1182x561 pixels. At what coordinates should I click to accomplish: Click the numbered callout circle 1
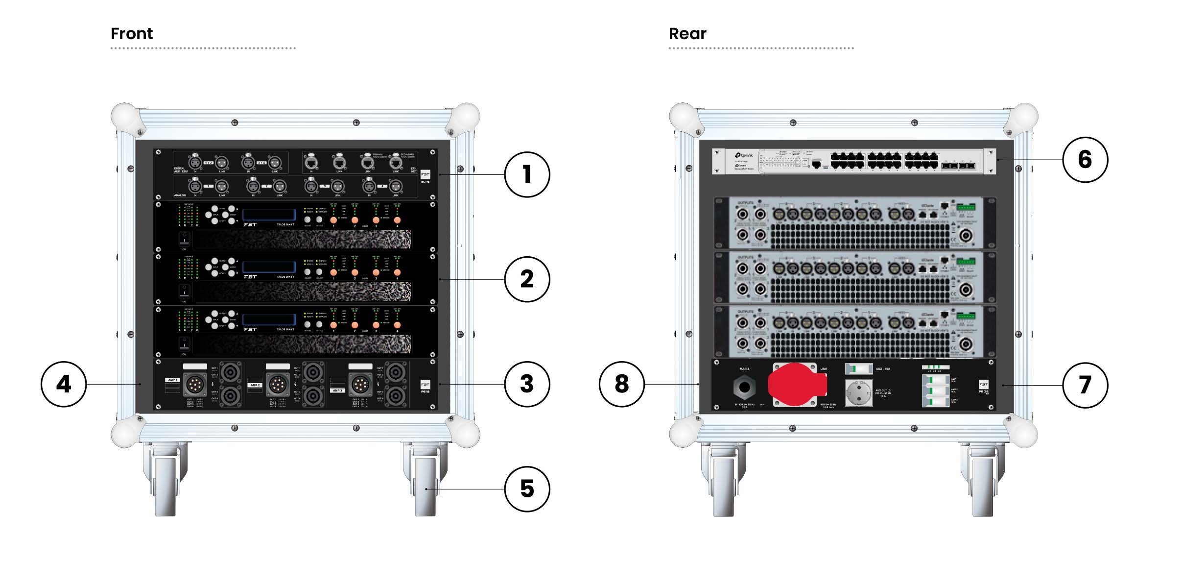[x=527, y=174]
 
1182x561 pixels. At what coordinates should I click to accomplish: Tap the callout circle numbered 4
[x=64, y=384]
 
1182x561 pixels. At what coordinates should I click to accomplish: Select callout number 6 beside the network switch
[x=1085, y=160]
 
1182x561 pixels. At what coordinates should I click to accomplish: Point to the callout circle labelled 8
[x=621, y=384]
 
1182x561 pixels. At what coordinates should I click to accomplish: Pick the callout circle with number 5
[x=527, y=489]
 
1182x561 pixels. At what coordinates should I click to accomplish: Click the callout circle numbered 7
[x=1085, y=385]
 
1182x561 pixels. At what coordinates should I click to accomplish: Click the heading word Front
[x=131, y=34]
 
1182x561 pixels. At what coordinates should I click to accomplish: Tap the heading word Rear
[x=687, y=34]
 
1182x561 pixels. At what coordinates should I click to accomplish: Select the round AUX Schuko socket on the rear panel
[x=858, y=393]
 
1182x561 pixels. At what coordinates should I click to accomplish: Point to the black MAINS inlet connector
[x=744, y=388]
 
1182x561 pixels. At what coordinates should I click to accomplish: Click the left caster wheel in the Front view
[x=165, y=485]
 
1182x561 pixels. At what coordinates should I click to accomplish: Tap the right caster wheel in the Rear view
[x=983, y=485]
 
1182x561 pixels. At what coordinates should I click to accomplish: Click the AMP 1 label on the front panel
[x=172, y=380]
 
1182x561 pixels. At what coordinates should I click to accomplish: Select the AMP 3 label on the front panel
[x=337, y=390]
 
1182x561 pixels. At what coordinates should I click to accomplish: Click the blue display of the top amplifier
[x=269, y=215]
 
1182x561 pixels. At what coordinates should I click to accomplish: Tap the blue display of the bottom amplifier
[x=269, y=319]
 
